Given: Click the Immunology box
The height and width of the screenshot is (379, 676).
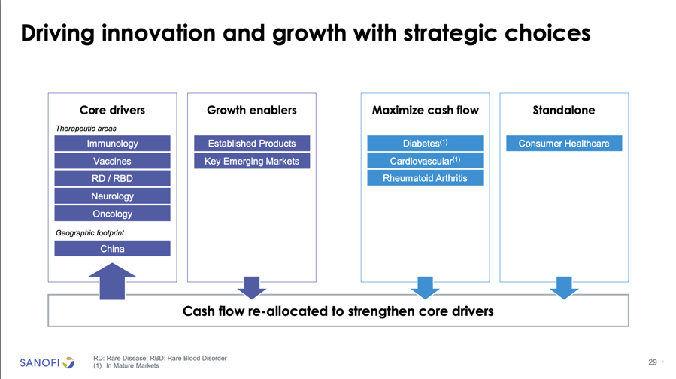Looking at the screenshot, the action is pos(112,143).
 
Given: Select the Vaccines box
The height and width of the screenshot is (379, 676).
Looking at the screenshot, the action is pos(112,161).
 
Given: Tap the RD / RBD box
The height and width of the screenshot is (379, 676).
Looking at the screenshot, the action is pos(112,178).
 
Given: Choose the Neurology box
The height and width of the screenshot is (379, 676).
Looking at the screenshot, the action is pos(112,196).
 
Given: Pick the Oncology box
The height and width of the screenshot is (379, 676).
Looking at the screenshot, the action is pos(112,214).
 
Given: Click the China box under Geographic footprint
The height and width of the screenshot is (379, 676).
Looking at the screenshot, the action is pos(112,248).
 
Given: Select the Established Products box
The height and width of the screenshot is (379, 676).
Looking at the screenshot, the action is pos(252,143).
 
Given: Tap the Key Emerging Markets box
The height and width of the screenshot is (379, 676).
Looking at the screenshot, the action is pos(252,161).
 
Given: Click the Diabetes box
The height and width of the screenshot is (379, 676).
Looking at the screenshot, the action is pos(425,143).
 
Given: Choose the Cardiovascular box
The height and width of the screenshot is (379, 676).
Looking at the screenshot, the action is pos(425,161).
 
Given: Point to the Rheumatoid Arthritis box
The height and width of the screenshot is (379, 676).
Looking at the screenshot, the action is pos(425,178).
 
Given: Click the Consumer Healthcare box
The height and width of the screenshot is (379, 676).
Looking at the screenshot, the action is pos(564,143).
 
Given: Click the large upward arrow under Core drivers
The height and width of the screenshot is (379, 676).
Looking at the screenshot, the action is pos(112,281).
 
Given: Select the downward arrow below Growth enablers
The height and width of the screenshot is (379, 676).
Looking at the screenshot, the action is pos(252,287).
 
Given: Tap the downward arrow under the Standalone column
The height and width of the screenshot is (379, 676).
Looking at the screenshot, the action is pos(564,287).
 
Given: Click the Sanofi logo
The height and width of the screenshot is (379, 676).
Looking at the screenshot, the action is pos(47,362).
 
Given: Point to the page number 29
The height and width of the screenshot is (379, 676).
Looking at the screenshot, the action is pos(653,362).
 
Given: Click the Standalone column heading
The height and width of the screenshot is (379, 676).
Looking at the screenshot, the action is pos(564,110).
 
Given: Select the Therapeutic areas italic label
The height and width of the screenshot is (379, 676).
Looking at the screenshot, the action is pos(86,129).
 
